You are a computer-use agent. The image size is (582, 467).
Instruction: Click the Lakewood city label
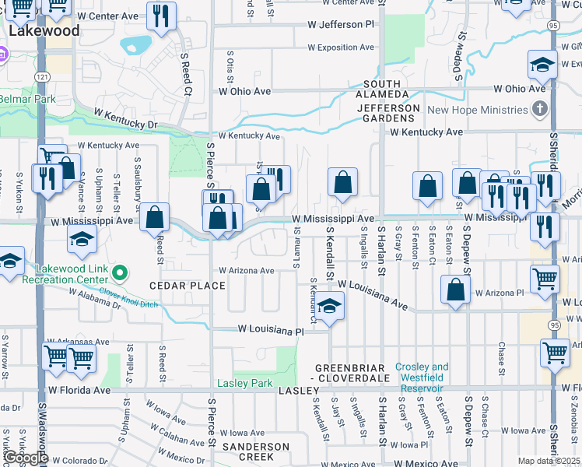point(44,31)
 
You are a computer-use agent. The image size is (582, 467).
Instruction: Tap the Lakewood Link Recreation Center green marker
point(119,272)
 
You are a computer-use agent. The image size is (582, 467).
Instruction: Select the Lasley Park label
point(244,383)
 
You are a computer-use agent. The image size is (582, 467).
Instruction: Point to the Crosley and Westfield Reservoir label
point(422,372)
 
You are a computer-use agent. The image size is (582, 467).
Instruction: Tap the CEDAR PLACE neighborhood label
point(187,286)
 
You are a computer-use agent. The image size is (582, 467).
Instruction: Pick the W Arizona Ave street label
point(246,271)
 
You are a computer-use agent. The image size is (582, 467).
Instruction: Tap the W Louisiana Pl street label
point(270,332)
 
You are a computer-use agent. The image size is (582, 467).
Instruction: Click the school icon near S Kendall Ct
point(330,306)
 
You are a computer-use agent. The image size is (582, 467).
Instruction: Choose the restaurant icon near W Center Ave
point(161,16)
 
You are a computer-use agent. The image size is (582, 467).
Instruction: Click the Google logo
point(25,458)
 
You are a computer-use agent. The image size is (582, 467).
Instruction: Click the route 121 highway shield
point(42,75)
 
